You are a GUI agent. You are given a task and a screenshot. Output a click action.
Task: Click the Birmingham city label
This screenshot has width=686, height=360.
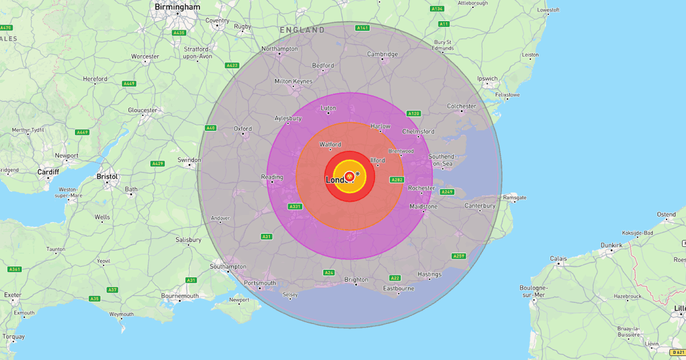178,7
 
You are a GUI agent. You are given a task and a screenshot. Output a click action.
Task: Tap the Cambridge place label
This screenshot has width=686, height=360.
382,54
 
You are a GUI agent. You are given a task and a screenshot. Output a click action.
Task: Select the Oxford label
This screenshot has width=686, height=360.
242,129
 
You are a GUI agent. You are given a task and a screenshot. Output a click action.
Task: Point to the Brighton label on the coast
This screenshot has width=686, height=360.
356,279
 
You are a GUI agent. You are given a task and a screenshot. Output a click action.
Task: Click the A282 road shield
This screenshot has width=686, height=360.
397,179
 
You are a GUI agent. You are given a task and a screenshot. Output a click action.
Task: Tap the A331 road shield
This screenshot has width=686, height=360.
295,206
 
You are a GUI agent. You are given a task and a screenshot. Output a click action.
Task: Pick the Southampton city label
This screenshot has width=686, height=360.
228,266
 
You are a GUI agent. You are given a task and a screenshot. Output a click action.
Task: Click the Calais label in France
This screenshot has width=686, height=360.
559,258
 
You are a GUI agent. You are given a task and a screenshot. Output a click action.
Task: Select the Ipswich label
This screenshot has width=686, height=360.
488,78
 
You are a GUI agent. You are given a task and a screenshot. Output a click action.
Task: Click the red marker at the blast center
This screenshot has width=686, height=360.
349,177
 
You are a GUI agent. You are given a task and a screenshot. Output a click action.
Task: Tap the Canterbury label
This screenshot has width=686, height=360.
480,205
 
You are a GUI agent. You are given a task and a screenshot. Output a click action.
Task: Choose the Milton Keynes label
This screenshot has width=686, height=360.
293,81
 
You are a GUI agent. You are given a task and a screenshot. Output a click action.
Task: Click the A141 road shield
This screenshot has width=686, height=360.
362,28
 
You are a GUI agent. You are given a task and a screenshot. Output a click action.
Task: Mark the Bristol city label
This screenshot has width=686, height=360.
107,177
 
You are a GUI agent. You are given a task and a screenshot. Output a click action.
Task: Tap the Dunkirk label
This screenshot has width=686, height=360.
611,245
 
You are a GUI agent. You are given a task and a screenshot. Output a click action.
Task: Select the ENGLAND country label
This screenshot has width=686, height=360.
302,29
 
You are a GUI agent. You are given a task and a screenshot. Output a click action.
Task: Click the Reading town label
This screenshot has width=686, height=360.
272,177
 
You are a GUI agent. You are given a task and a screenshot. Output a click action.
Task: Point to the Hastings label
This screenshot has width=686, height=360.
429,274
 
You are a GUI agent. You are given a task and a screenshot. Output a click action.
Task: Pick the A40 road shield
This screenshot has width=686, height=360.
210,128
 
